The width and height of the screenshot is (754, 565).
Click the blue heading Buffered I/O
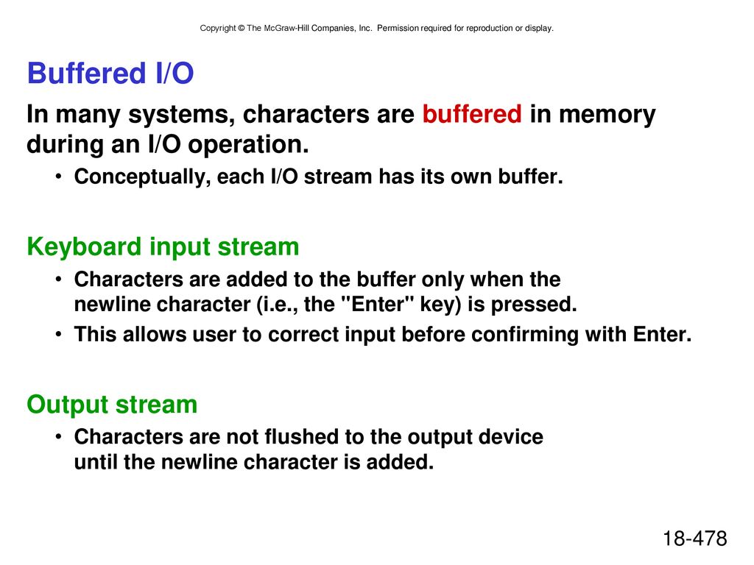[110, 73]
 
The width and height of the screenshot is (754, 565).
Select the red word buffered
[472, 114]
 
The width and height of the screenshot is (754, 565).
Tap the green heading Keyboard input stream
[163, 247]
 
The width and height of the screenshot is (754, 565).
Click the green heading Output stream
[112, 405]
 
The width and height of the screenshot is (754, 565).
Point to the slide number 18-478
[695, 538]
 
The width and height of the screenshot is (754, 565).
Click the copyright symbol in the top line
[241, 29]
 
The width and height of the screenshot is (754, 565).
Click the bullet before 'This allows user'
[59, 333]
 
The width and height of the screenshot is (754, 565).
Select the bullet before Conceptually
[59, 177]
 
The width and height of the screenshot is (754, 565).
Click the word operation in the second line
[248, 145]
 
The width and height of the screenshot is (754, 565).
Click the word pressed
[534, 305]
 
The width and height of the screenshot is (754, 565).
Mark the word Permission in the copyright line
[398, 29]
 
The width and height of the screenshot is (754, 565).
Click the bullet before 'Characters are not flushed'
[59, 436]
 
